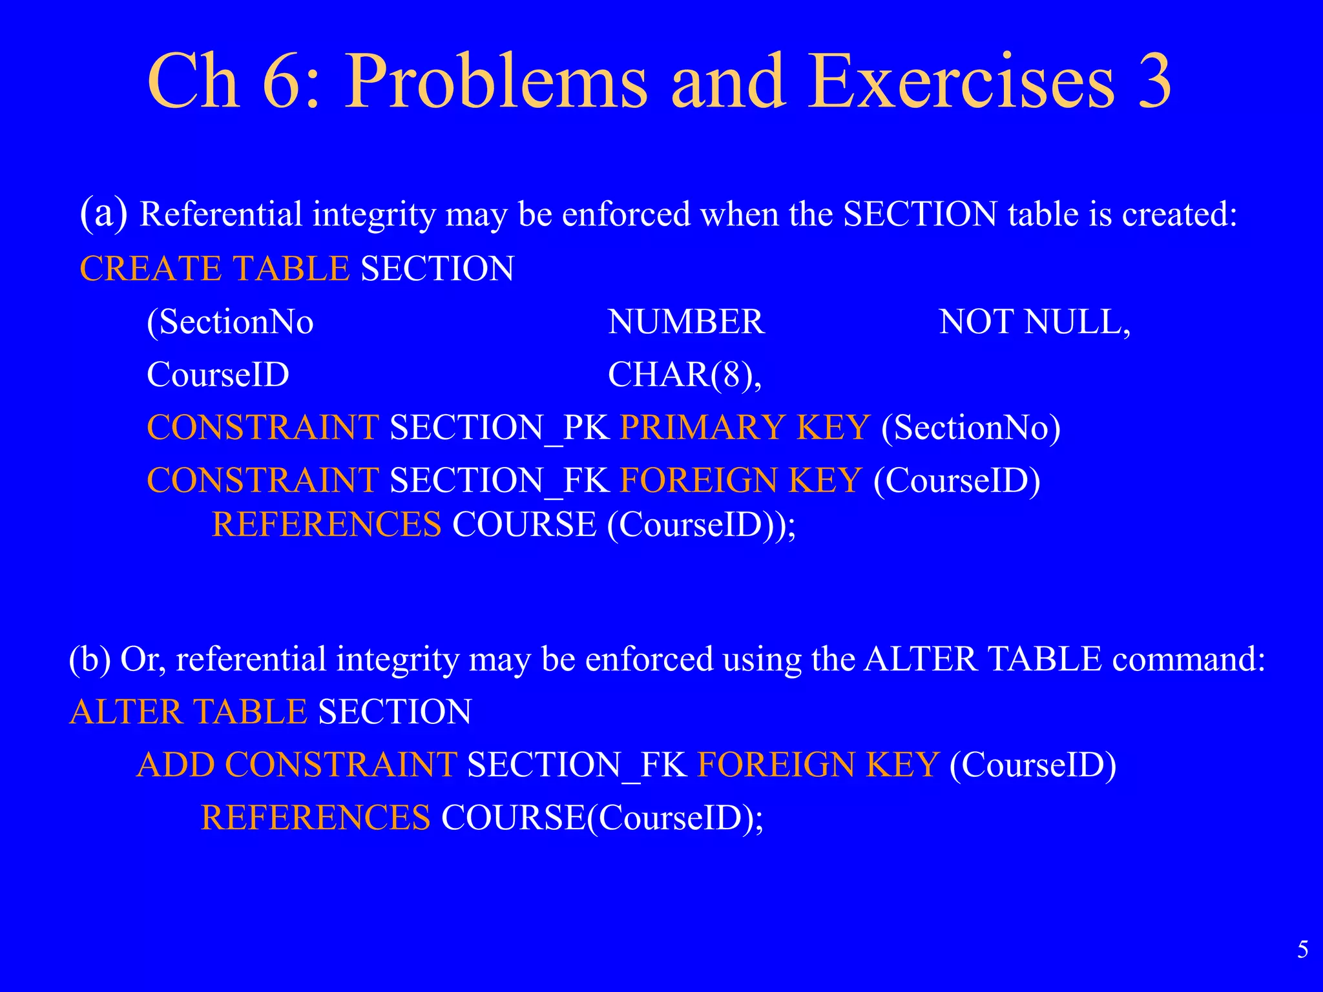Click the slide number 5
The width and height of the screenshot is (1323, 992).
[1303, 949]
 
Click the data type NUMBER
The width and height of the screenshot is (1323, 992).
[686, 322]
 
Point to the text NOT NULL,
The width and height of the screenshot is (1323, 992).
[1034, 322]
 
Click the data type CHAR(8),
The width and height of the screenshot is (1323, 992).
[685, 375]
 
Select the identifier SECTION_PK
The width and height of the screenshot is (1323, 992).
[499, 428]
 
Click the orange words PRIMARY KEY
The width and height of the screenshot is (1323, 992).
[744, 428]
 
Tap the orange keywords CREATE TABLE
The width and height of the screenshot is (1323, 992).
[214, 269]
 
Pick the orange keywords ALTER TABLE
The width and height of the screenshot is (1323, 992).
[188, 712]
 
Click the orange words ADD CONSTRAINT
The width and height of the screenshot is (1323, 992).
[297, 765]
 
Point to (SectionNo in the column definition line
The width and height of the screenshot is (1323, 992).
[230, 322]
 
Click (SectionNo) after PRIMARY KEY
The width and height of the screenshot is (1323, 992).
[971, 428]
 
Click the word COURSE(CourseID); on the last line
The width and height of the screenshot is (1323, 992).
[602, 818]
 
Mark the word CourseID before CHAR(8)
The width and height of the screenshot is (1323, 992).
[218, 375]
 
